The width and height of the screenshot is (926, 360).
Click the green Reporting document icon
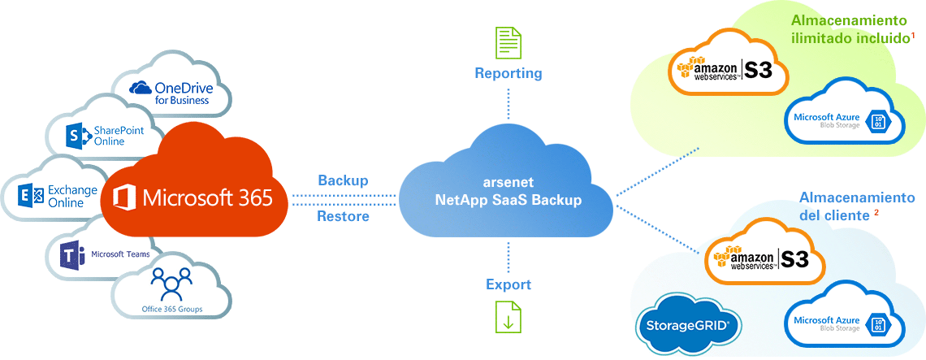508,42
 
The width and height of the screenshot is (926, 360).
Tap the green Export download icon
508,315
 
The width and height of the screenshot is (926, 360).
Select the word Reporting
508,73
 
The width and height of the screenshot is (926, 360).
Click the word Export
508,284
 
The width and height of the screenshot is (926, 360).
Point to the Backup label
343,180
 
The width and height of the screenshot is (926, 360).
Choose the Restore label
343,217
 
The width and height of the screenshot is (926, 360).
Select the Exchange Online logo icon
32,196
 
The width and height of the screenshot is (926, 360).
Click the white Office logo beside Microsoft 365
124,197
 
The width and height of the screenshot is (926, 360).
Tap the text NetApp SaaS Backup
508,200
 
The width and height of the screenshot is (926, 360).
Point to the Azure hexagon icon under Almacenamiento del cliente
877,323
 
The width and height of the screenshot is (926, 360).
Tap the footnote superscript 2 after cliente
876,214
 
